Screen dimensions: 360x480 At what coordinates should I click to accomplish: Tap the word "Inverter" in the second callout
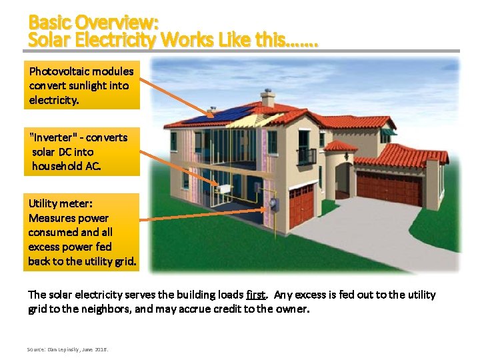pyautogui.click(x=56, y=137)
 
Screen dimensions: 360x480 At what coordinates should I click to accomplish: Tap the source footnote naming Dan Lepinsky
pyautogui.click(x=67, y=349)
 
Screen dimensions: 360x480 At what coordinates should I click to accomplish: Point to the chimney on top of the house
pyautogui.click(x=268, y=98)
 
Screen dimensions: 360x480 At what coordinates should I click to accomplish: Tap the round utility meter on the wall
pyautogui.click(x=273, y=204)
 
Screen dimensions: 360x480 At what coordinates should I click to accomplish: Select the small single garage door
pyautogui.click(x=301, y=205)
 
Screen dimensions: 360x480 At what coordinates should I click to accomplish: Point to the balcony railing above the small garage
pyautogui.click(x=306, y=157)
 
